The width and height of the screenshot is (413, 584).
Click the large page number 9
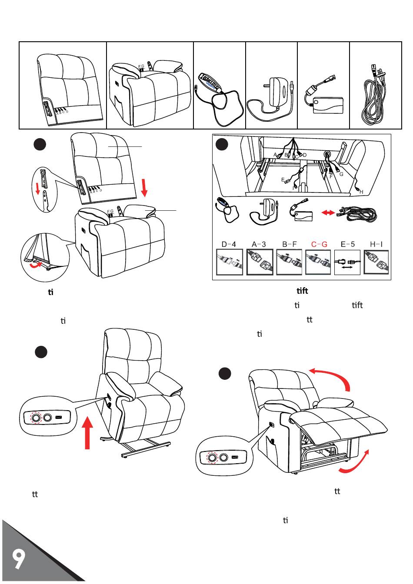tap(18, 559)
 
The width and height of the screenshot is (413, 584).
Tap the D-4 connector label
tap(228, 244)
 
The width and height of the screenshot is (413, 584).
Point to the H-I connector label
tap(376, 244)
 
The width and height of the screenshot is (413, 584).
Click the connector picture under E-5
tap(347, 262)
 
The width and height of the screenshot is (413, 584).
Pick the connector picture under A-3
tap(260, 262)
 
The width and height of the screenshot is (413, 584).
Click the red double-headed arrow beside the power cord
tap(327, 213)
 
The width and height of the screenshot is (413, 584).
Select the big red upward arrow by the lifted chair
tap(88, 432)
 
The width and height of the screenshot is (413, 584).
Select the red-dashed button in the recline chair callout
tap(212, 458)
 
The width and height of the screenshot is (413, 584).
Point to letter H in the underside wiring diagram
tap(362, 192)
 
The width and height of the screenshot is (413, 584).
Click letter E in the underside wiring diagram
tap(283, 179)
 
